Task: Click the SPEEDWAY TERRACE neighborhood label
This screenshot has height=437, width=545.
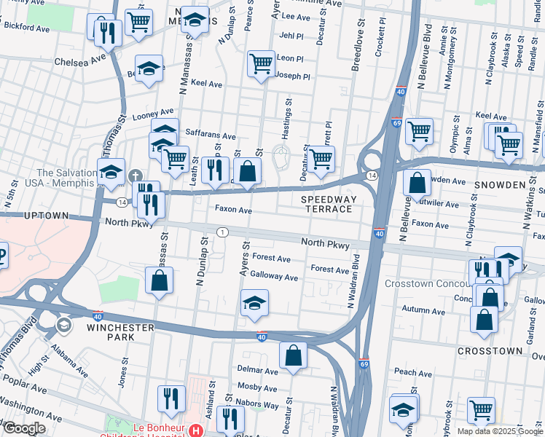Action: pyautogui.click(x=326, y=202)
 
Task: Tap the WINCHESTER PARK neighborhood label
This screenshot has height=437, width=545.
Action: pyautogui.click(x=120, y=332)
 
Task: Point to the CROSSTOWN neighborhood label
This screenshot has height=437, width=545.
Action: pyautogui.click(x=490, y=351)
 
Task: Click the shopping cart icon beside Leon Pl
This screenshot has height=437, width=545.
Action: pyautogui.click(x=261, y=63)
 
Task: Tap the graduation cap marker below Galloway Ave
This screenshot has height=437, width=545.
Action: pyautogui.click(x=254, y=303)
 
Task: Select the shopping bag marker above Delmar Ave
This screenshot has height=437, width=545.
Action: pyautogui.click(x=293, y=355)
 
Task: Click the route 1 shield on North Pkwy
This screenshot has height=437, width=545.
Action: pyautogui.click(x=221, y=232)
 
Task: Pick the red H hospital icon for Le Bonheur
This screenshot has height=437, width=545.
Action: pyautogui.click(x=195, y=431)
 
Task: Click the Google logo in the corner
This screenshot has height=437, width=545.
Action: pyautogui.click(x=23, y=428)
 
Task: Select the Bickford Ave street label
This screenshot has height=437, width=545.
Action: pyautogui.click(x=28, y=25)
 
